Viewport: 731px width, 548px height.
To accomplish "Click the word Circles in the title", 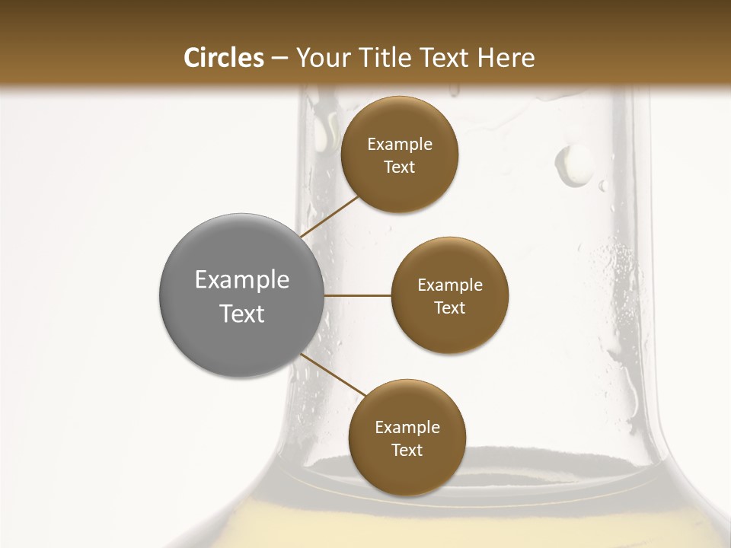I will pos(223,58).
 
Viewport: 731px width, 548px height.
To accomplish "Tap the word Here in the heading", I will pos(506,58).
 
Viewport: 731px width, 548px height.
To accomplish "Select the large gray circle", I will pos(241,295).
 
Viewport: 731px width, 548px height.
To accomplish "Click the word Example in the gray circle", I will pos(242,280).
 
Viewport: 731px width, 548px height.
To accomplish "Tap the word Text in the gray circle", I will pos(242,314).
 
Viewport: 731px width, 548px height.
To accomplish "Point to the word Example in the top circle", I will pos(400,145).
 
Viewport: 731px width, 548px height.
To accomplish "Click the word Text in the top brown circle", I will pos(400,167).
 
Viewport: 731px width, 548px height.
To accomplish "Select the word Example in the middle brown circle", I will pos(449,285).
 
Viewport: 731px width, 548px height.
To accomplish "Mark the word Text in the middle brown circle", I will pos(449,308).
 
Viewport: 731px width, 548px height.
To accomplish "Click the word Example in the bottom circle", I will pos(407,428).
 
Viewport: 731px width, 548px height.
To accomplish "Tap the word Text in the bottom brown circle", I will pos(407,451).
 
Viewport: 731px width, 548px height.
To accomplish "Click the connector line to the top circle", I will pos(330,216).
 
